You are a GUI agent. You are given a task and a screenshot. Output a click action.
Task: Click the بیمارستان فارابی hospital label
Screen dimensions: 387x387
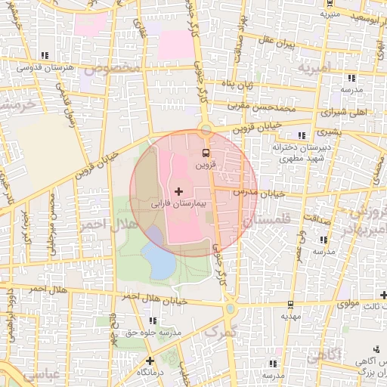coord(178,204)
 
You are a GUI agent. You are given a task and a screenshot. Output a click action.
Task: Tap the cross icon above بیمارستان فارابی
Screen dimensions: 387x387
coord(178,192)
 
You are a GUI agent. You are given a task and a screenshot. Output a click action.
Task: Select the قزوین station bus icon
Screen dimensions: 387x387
coord(206,152)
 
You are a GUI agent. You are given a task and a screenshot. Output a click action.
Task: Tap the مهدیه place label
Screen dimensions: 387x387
coord(291,317)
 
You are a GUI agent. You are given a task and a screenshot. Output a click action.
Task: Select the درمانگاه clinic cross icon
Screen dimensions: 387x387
coord(150,361)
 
